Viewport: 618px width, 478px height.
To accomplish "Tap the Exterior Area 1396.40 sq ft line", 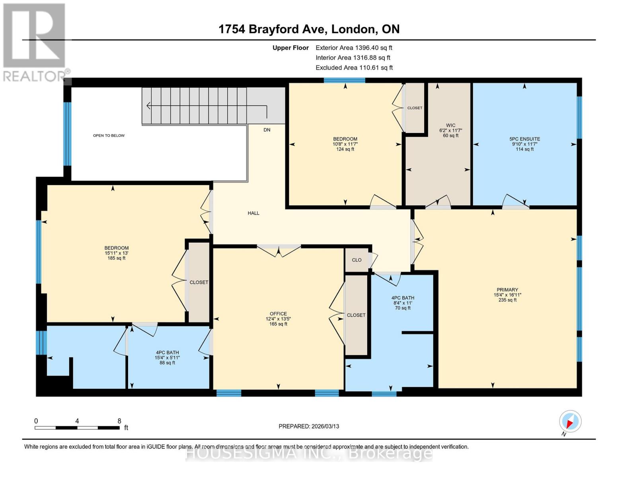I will (x=354, y=48).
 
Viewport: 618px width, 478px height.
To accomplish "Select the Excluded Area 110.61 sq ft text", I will (x=354, y=68).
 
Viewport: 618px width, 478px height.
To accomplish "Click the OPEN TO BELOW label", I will (x=109, y=136).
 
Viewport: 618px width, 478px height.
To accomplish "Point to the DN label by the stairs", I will (x=267, y=130).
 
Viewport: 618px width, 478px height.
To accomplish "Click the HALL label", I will (x=253, y=213).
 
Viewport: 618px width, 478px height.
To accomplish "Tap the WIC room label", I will (x=450, y=125).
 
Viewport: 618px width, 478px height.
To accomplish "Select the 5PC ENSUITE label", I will (x=524, y=139).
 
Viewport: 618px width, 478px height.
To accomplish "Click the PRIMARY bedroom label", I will (x=507, y=290).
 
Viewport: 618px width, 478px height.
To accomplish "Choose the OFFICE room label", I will (x=278, y=314).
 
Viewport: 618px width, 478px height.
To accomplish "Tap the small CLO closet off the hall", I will (x=357, y=260).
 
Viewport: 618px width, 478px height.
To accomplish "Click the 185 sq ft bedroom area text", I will (x=116, y=258).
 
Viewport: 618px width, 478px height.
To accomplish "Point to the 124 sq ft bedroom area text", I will (x=345, y=149).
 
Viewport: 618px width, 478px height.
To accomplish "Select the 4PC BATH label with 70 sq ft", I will (x=403, y=298).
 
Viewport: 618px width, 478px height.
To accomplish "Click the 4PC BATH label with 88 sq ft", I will (x=167, y=353).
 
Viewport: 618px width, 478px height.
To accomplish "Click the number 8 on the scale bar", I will (x=119, y=421).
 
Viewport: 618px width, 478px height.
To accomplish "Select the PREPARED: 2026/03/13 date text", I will (x=309, y=426).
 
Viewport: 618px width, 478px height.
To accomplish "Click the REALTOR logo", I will (x=35, y=42).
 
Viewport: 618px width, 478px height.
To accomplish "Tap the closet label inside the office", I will (x=356, y=315).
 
